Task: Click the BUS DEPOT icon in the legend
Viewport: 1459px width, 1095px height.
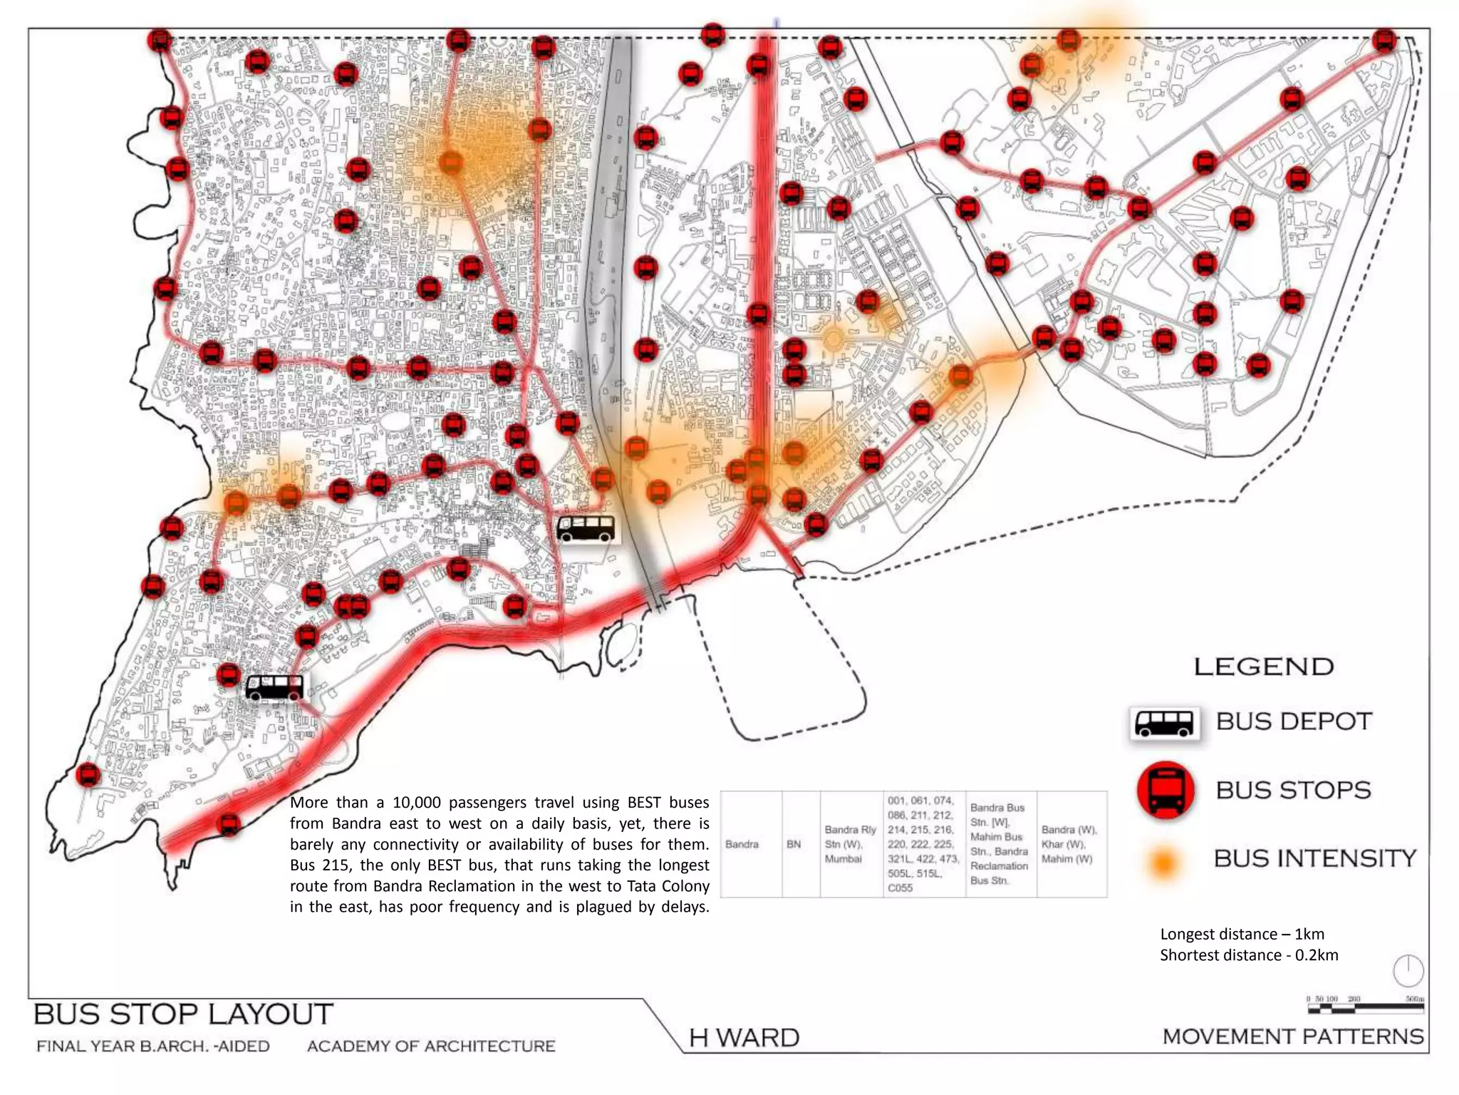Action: coord(1164,723)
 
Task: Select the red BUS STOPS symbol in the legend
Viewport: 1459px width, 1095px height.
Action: coord(1165,790)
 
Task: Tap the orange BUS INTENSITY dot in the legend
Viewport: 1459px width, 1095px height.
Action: coord(1163,863)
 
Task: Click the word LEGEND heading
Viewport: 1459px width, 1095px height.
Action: coord(1263,667)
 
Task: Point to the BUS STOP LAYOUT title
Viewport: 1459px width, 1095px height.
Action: coord(183,1014)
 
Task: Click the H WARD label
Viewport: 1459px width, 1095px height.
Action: coord(744,1037)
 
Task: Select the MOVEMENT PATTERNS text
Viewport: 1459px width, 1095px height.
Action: coord(1293,1037)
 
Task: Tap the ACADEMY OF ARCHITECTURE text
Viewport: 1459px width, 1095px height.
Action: coord(430,1046)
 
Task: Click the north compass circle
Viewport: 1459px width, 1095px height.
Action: coord(1408,970)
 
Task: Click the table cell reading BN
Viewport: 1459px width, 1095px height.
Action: coord(794,844)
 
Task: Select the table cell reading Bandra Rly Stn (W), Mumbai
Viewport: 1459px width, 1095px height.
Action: coord(851,844)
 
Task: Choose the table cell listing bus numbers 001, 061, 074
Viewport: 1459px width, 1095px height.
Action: coord(923,844)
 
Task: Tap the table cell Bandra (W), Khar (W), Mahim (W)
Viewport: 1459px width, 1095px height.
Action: coord(1070,844)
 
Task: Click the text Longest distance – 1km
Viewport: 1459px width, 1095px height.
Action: coord(1242,934)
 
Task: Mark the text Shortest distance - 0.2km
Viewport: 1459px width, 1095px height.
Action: coord(1249,955)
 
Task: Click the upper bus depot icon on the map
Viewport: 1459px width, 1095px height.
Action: coord(586,529)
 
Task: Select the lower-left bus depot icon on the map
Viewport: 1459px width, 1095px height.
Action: coord(274,688)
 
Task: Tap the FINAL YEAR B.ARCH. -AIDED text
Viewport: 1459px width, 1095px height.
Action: coord(153,1046)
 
